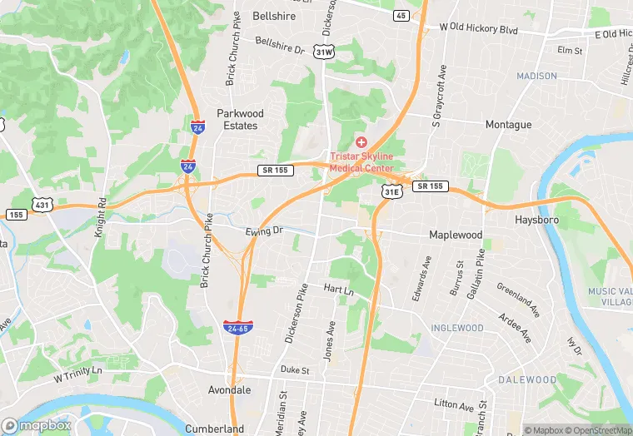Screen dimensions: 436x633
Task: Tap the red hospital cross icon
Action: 361,143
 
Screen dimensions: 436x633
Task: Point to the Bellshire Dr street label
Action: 280,45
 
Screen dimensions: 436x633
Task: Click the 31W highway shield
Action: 324,52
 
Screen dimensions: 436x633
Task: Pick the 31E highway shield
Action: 391,191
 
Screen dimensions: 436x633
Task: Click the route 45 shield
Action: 401,16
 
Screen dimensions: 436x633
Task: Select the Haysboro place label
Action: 536,220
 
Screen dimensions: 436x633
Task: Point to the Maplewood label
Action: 456,235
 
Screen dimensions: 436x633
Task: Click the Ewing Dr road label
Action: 264,230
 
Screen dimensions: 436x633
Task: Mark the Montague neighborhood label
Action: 508,125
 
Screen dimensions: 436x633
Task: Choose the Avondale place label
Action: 229,389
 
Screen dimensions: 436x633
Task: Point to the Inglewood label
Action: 457,328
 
